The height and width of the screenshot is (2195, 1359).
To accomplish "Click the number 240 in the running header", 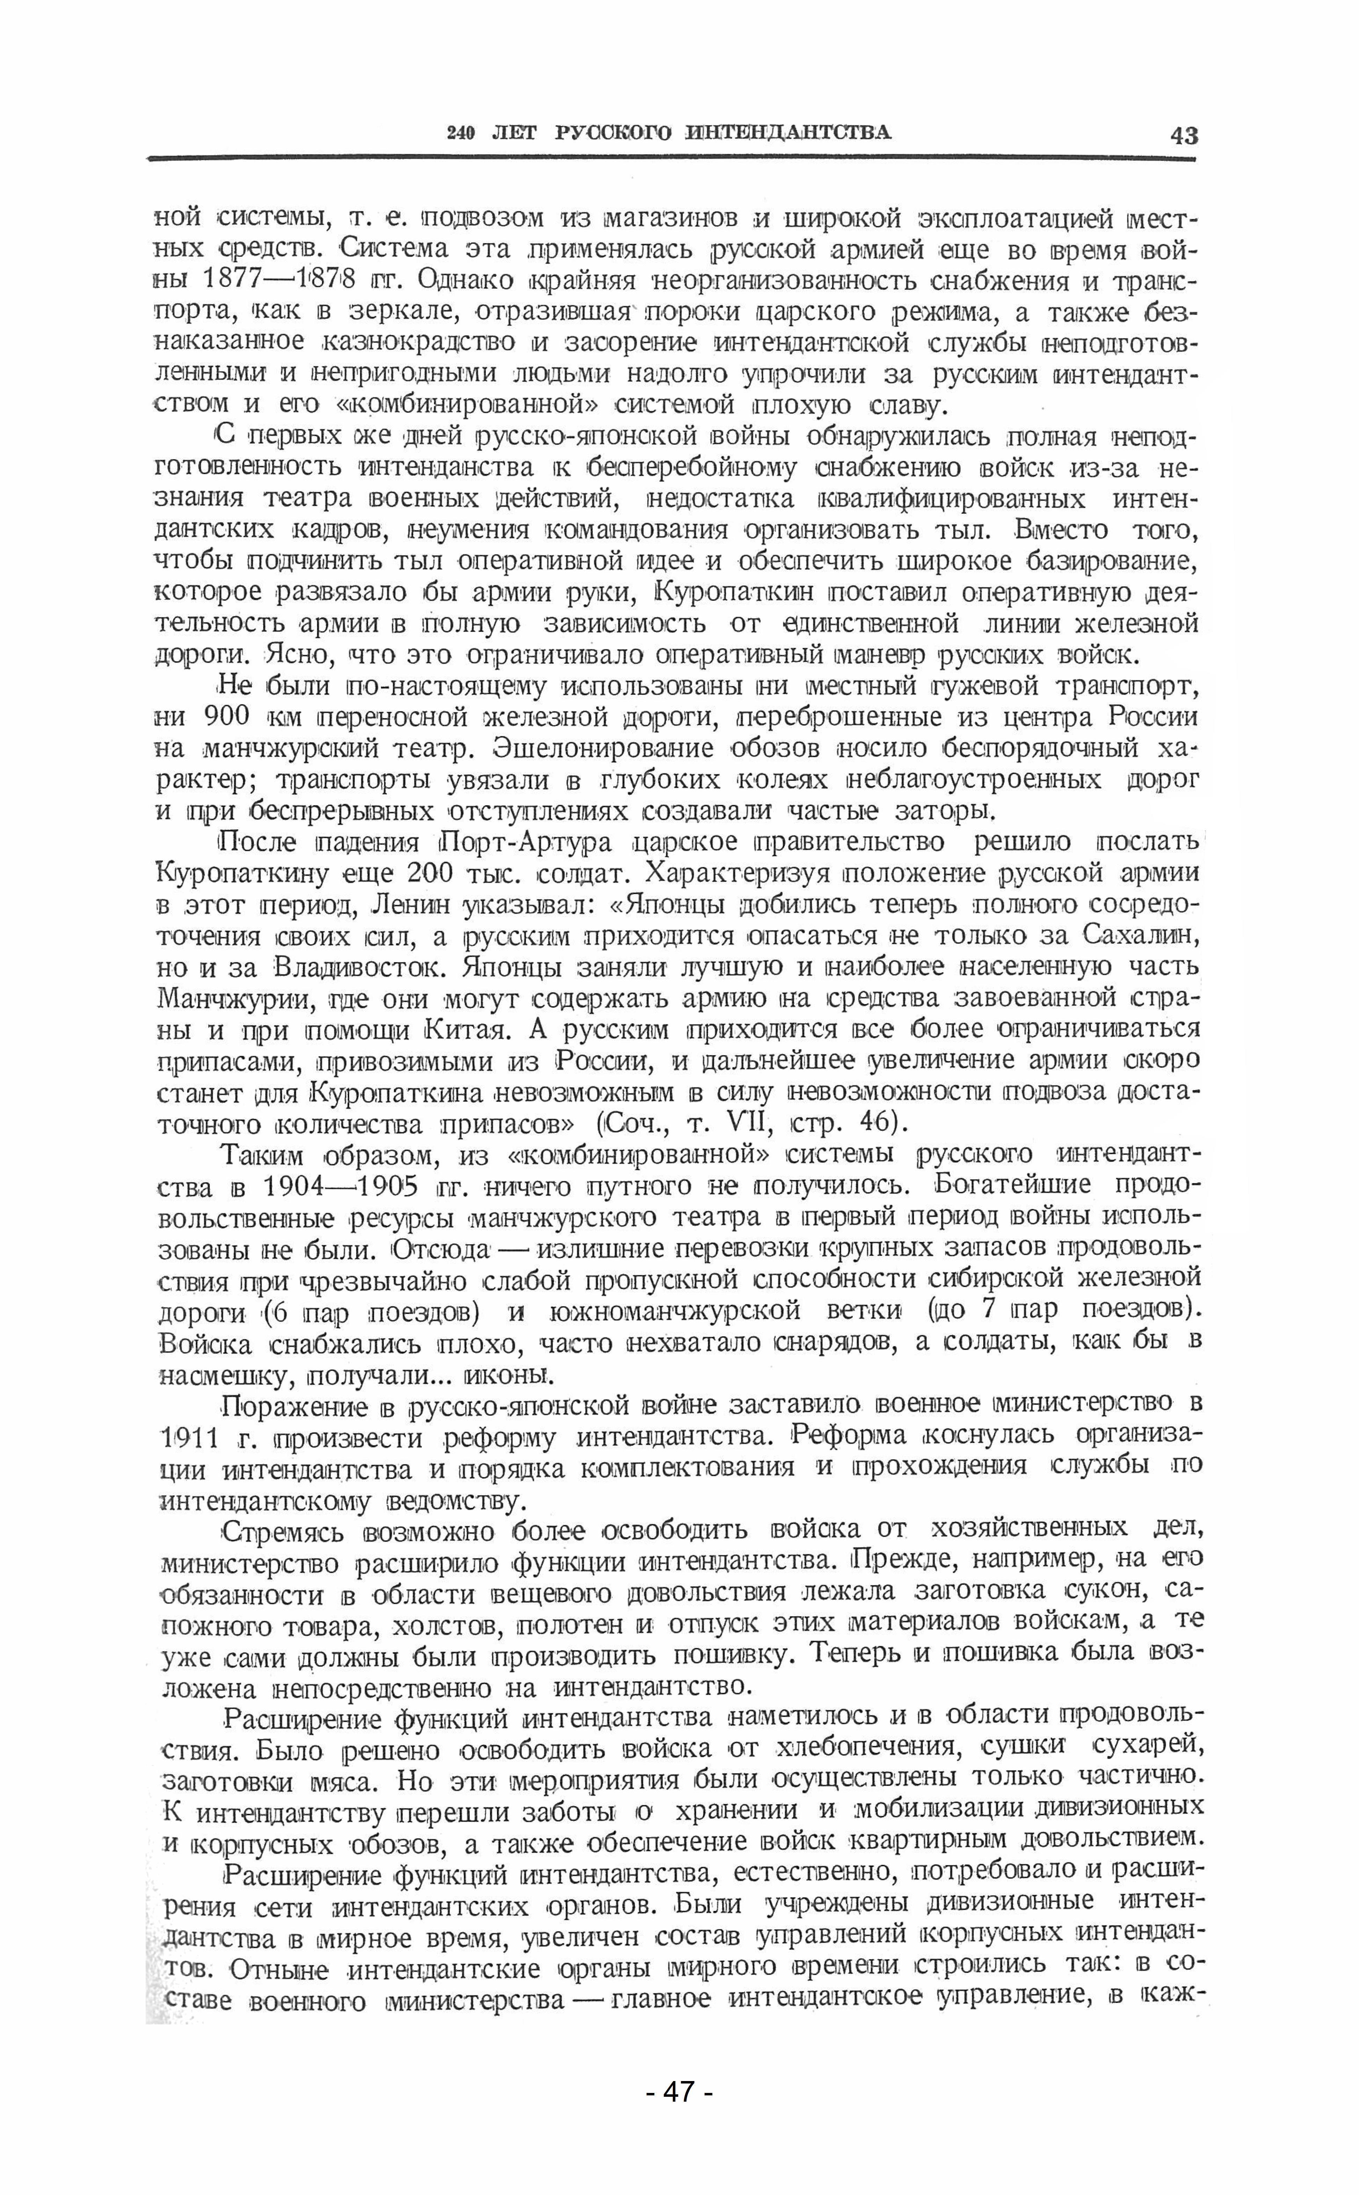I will tap(460, 133).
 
